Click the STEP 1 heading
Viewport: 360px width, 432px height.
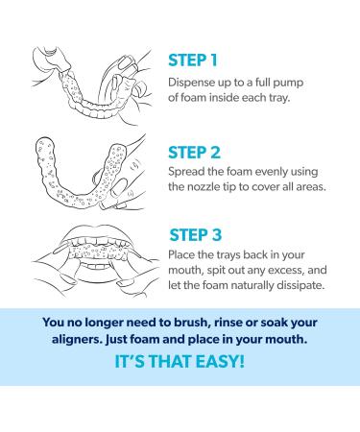tap(193, 60)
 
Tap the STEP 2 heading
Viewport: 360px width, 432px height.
tap(194, 153)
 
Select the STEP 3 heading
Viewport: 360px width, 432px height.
tap(195, 235)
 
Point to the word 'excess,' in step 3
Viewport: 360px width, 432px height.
tap(285, 271)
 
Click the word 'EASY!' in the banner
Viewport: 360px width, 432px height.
tap(220, 361)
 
